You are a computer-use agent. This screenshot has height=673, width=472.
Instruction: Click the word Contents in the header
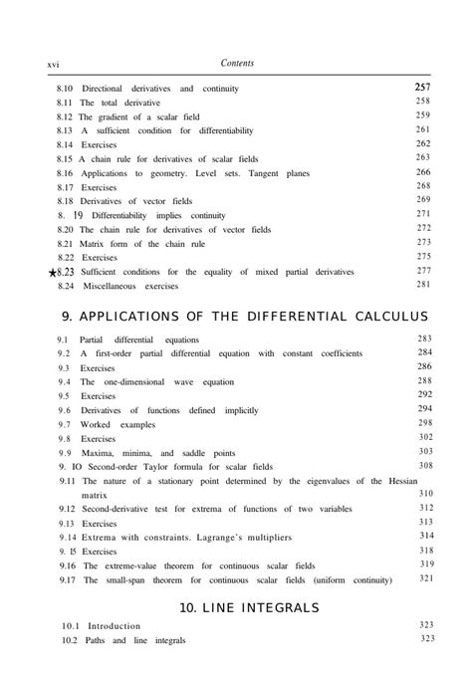coord(236,64)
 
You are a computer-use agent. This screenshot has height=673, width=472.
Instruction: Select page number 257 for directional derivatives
coord(422,89)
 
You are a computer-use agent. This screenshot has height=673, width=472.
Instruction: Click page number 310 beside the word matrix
coord(425,494)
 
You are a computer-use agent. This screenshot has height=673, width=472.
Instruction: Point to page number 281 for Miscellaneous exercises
coord(423,285)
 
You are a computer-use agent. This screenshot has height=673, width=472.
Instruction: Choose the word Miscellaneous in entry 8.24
coord(114,286)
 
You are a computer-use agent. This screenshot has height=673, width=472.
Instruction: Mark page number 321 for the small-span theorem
coord(425,577)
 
